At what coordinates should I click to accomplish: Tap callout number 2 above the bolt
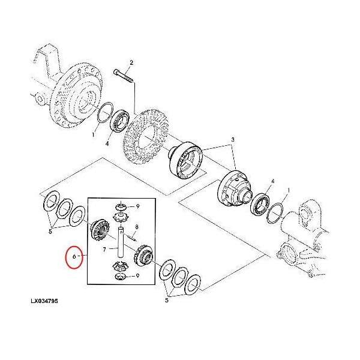coord(131,62)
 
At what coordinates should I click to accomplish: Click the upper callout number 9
coord(137,206)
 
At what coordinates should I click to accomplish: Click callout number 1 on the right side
coord(289,190)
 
